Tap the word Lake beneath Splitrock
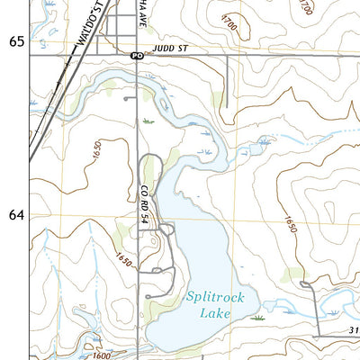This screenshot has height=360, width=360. pyautogui.click(x=216, y=312)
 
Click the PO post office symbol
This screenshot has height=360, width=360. pyautogui.click(x=136, y=56)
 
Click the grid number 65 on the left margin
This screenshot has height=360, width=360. pyautogui.click(x=14, y=41)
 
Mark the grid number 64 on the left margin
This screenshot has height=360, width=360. pyautogui.click(x=14, y=216)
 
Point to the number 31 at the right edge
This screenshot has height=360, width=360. pyautogui.click(x=354, y=329)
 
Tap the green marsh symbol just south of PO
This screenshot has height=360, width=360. pyautogui.click(x=147, y=119)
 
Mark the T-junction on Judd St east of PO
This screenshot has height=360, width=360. pyautogui.click(x=225, y=56)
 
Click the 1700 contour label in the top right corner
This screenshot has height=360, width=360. pyautogui.click(x=307, y=9)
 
